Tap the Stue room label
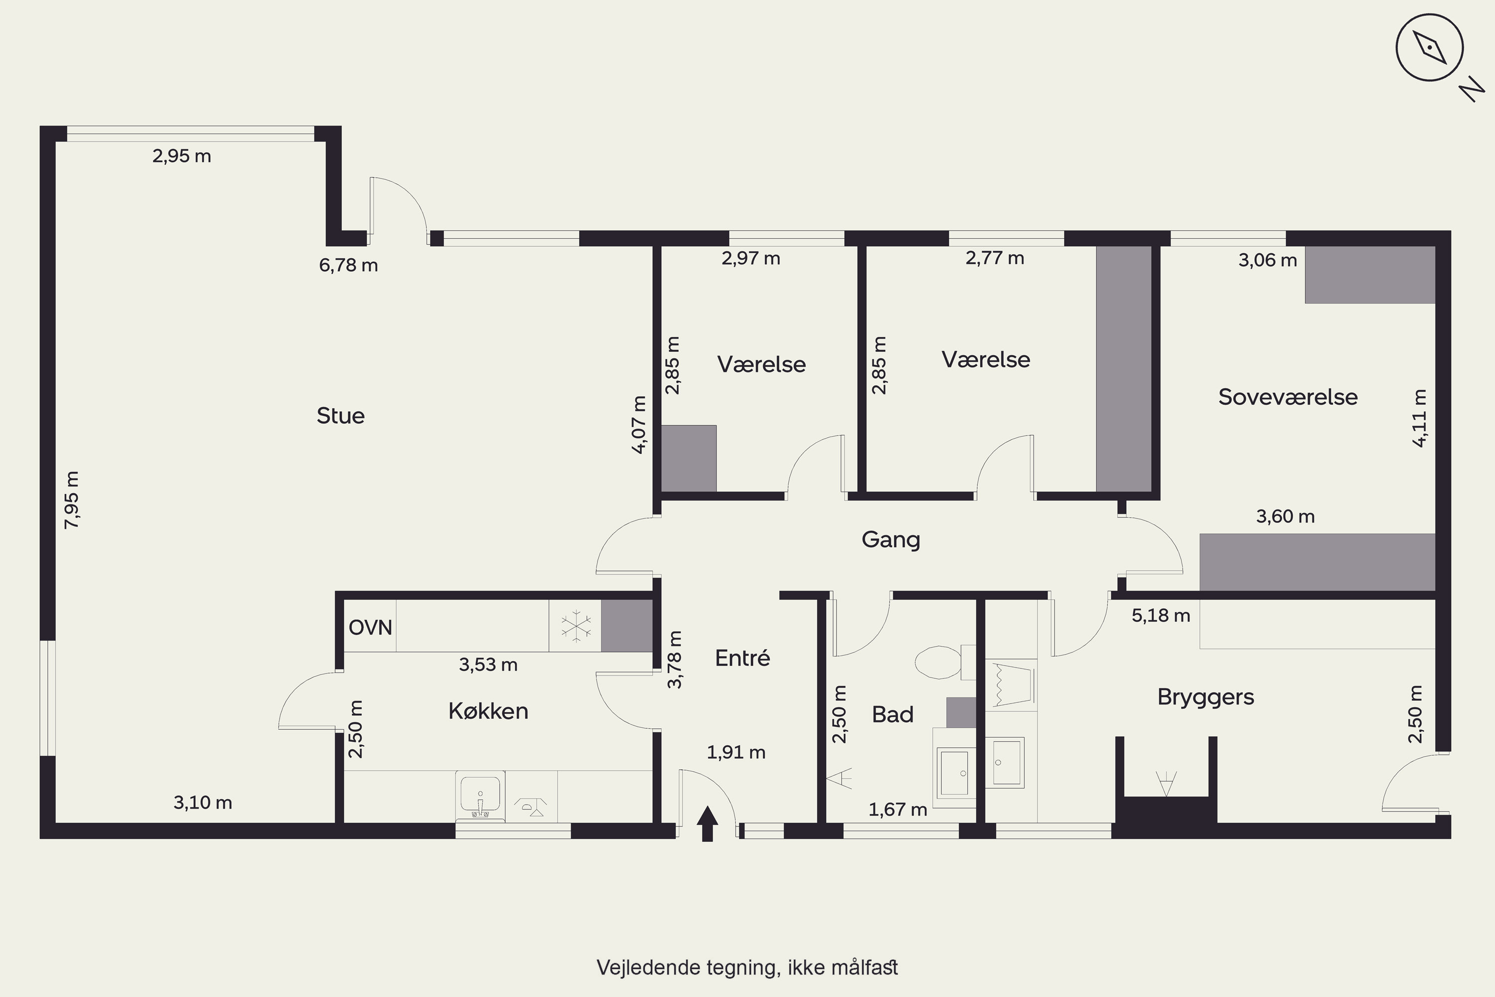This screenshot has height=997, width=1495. click(x=341, y=416)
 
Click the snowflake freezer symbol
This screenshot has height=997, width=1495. click(x=576, y=626)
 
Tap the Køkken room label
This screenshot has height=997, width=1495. click(x=488, y=711)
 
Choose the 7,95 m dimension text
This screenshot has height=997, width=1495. click(x=72, y=500)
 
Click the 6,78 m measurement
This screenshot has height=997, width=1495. click(x=348, y=265)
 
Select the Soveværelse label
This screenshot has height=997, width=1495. click(x=1288, y=397)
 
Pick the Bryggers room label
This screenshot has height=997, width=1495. click(x=1206, y=697)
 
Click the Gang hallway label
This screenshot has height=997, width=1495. click(x=891, y=540)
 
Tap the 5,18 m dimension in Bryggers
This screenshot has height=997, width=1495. click(x=1161, y=616)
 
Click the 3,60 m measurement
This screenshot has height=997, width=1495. click(x=1285, y=516)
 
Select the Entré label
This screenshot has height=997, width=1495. click(x=743, y=658)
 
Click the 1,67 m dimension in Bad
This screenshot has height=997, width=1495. click(x=897, y=810)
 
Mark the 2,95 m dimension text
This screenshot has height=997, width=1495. click(x=182, y=156)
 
